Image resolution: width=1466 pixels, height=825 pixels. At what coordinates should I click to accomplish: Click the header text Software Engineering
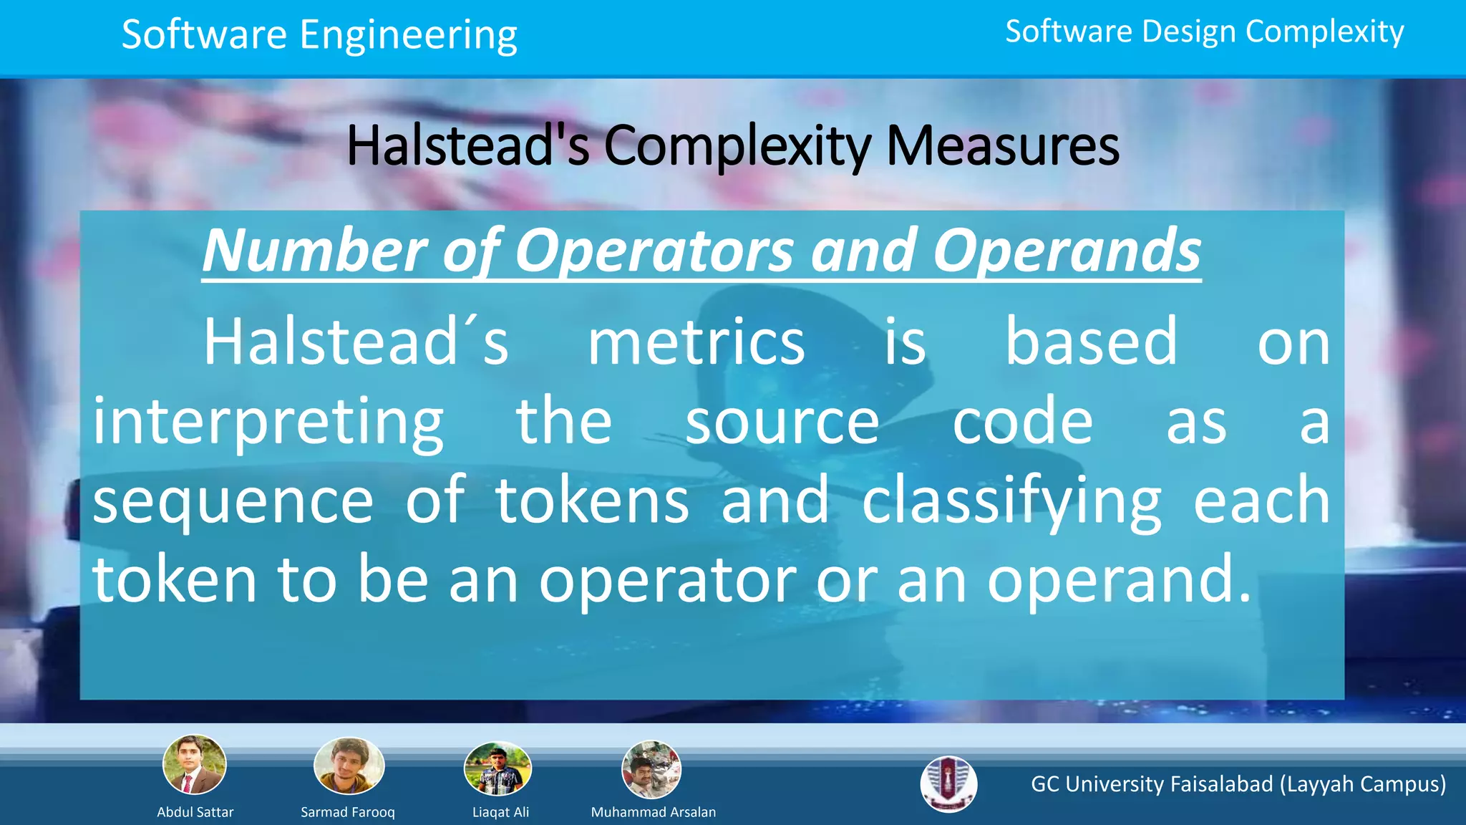tap(319, 36)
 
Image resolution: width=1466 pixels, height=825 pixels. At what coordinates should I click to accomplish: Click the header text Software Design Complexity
tap(1204, 32)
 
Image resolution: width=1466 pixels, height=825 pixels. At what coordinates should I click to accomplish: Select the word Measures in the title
tap(1002, 146)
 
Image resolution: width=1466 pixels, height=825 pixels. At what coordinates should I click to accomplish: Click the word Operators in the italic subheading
tap(654, 251)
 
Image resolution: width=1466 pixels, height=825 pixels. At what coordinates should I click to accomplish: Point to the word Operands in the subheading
tap(1067, 251)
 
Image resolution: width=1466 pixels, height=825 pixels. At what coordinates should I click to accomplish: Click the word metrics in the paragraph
tap(696, 342)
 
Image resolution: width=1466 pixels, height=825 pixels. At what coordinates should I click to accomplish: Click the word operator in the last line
tap(667, 580)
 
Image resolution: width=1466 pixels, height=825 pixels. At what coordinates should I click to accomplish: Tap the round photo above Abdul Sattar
tap(195, 765)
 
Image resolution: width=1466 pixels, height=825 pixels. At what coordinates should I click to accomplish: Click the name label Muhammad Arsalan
tap(653, 812)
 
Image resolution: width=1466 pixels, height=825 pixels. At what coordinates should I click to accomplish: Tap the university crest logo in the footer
tap(948, 784)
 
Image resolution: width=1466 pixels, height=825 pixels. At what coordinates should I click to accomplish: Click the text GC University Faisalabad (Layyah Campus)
tap(1238, 784)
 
